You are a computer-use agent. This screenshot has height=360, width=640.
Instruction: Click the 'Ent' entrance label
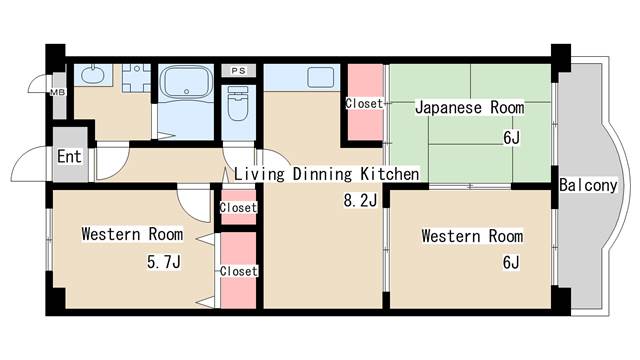click(x=69, y=156)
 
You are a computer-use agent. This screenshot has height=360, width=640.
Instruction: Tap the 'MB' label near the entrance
click(x=58, y=92)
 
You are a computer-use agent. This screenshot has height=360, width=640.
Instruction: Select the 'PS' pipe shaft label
click(x=239, y=71)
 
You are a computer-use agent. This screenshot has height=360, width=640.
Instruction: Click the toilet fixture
click(x=238, y=103)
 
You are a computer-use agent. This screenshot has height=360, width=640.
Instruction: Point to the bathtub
click(x=186, y=82)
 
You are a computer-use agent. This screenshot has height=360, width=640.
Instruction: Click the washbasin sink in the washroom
click(x=93, y=74)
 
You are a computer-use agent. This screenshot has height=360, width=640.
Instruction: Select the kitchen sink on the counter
click(x=320, y=77)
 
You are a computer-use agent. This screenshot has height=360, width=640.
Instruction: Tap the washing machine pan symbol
click(x=136, y=78)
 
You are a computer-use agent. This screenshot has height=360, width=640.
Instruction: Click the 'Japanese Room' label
click(x=470, y=108)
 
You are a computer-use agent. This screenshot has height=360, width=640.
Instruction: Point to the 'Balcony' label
click(x=588, y=185)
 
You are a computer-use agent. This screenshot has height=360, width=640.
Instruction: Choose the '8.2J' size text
click(x=360, y=200)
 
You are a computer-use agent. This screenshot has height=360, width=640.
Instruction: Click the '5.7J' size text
click(x=164, y=262)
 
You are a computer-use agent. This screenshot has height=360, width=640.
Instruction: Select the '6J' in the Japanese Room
click(x=511, y=138)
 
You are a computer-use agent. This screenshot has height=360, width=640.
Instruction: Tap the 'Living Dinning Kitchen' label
click(x=327, y=174)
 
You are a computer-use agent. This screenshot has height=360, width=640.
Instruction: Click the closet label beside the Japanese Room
click(x=364, y=104)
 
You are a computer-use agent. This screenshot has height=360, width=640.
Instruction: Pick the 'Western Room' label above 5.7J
click(x=132, y=234)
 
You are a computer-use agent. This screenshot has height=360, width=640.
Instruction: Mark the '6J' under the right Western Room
click(x=511, y=262)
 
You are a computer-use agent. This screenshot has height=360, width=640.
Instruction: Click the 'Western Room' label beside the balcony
click(x=472, y=236)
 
